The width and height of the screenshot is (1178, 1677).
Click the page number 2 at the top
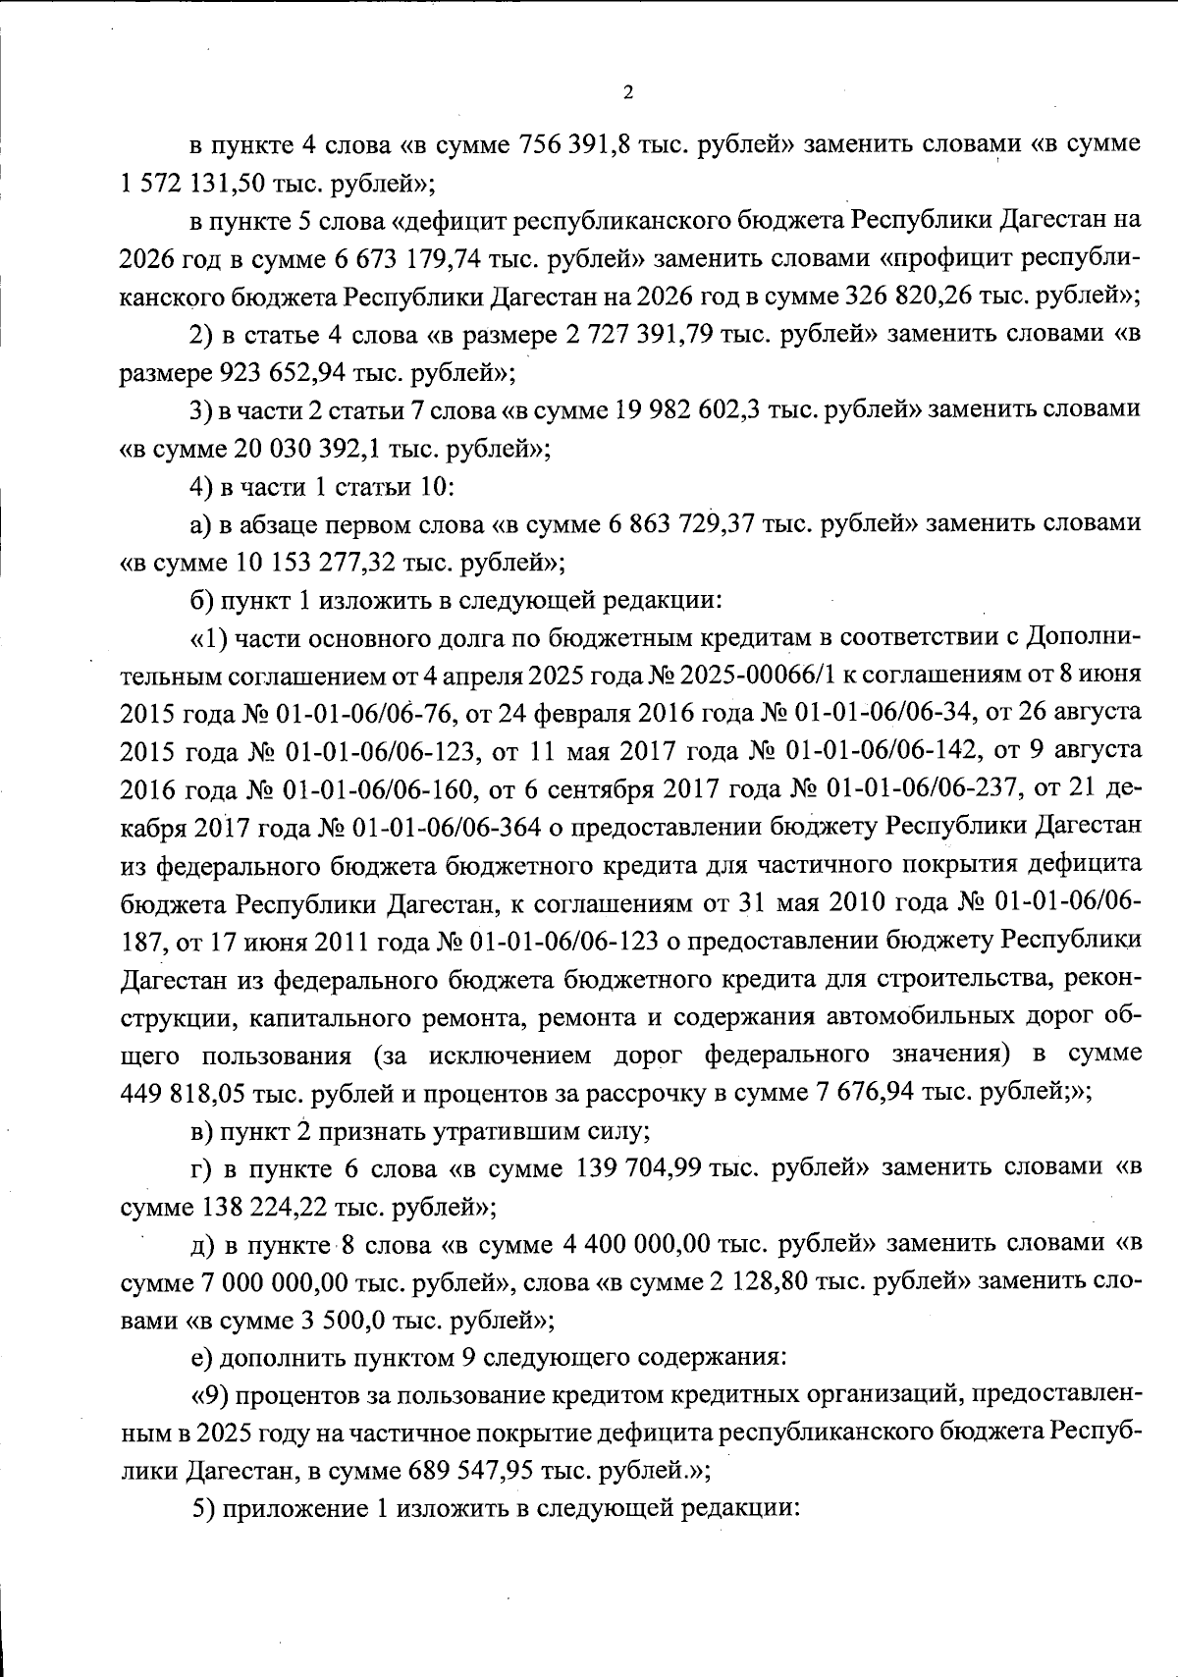tap(628, 93)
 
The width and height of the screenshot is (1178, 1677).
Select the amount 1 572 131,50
tap(186, 183)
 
